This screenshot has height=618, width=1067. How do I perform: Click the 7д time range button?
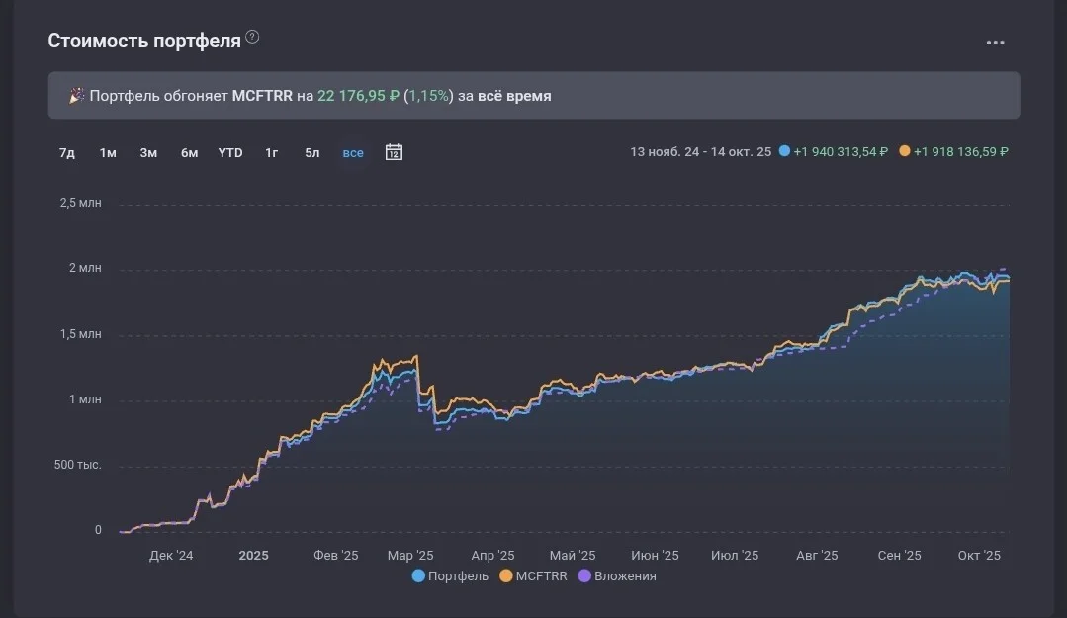(66, 153)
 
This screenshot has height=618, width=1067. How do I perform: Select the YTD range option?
(230, 153)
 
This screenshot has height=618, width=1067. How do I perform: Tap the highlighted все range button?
(352, 153)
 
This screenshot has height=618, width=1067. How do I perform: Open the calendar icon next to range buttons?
(394, 152)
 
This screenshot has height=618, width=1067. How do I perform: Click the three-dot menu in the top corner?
(995, 43)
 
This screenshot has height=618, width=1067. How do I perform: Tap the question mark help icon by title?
(252, 37)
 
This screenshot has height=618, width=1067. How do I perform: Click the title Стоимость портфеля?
(144, 41)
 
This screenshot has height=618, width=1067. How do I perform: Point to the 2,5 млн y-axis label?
(80, 203)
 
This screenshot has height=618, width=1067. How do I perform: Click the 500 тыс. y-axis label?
(77, 465)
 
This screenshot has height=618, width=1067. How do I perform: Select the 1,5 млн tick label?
(80, 334)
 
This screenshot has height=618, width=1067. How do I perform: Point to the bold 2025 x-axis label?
(254, 556)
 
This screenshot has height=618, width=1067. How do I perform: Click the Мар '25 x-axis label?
(410, 556)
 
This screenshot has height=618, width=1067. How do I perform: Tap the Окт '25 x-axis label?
(979, 556)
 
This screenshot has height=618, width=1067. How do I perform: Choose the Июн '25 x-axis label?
(655, 556)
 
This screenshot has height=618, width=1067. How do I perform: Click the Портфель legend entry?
(451, 575)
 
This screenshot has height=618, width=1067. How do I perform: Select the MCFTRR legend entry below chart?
(534, 575)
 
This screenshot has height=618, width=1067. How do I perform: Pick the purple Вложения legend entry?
(617, 575)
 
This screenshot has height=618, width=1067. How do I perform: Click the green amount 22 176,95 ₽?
(359, 96)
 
